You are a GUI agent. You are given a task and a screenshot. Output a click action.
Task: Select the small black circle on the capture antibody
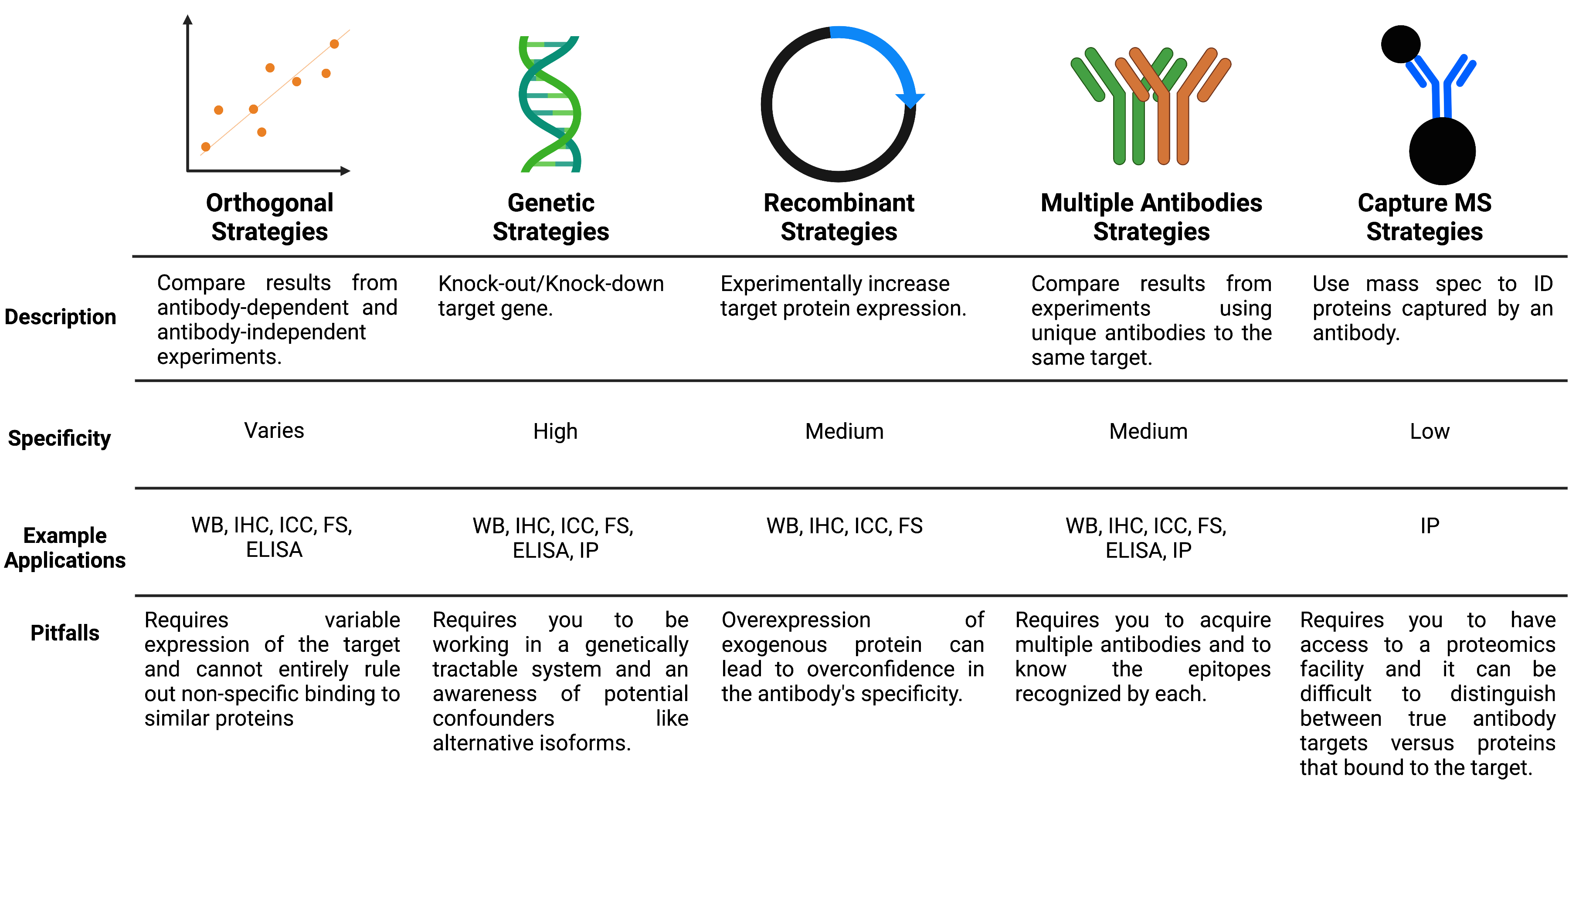click(x=1400, y=44)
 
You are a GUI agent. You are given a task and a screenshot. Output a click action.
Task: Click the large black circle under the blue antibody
click(x=1442, y=151)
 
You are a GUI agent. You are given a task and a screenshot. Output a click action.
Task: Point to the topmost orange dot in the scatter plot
click(x=334, y=44)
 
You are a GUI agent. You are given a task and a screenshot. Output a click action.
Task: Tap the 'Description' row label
click(x=61, y=317)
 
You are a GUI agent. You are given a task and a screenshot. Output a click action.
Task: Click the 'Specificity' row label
click(x=59, y=438)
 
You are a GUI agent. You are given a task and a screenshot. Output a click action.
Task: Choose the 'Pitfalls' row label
click(x=65, y=633)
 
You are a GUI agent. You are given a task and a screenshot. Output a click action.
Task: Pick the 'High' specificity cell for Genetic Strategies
click(x=555, y=431)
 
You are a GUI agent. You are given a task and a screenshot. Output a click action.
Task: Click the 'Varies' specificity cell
click(x=274, y=431)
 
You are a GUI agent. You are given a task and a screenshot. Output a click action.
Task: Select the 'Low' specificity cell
click(x=1430, y=431)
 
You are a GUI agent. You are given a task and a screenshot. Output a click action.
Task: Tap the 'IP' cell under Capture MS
click(x=1430, y=526)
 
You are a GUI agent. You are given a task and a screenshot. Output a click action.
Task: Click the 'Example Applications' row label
click(x=65, y=548)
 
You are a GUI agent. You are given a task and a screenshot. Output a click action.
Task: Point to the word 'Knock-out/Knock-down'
click(x=551, y=284)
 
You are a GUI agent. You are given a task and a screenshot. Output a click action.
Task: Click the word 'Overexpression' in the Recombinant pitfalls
click(x=796, y=620)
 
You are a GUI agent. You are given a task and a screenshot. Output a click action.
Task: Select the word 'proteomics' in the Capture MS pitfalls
click(x=1501, y=645)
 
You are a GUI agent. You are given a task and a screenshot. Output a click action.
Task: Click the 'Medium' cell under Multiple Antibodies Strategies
click(x=1148, y=431)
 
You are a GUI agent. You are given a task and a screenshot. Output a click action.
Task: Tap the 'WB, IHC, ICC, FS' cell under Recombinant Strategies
click(x=844, y=526)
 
